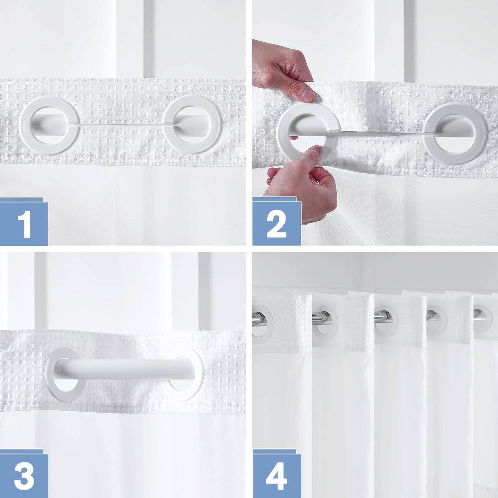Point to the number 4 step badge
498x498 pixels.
pyautogui.click(x=276, y=473)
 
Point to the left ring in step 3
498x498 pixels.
pyautogui.click(x=63, y=378)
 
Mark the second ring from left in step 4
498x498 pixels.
pyautogui.click(x=325, y=320)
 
